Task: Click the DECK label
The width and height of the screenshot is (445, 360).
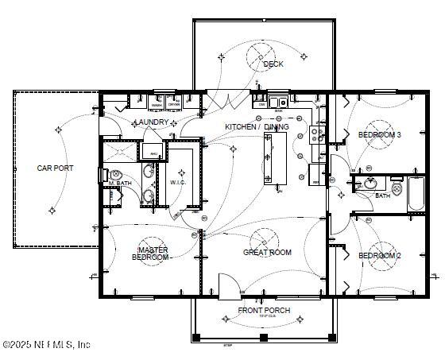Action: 273,64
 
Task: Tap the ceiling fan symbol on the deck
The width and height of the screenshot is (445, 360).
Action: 263,55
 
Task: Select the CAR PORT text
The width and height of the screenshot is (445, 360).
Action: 55,168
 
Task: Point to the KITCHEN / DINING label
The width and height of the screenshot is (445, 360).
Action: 257,127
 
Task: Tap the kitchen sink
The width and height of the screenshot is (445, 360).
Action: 278,102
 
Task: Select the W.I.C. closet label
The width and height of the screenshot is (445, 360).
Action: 178,182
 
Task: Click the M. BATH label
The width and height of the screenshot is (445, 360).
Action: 120,184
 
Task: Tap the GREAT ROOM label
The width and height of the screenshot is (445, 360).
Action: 267,253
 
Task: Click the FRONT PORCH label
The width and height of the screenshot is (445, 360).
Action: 264,310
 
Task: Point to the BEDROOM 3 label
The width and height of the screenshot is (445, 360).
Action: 378,135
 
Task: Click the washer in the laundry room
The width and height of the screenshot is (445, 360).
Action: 157,103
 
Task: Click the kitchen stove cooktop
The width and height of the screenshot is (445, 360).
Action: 316,134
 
